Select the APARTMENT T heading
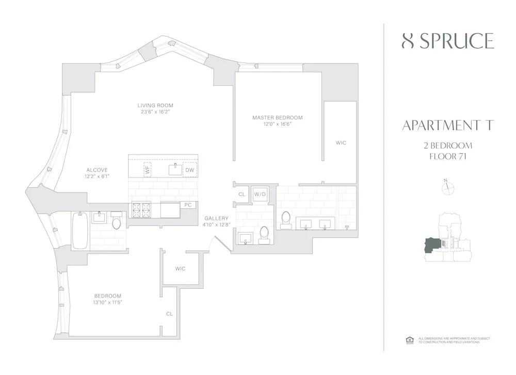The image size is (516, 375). click(x=447, y=125)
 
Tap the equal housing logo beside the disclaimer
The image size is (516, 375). click(x=410, y=340)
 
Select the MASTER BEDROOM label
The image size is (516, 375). click(x=277, y=118)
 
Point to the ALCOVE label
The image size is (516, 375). click(x=97, y=170)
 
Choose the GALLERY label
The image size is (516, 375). click(x=216, y=218)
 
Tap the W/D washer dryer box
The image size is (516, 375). click(x=260, y=194)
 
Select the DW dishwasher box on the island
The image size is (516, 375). click(x=190, y=170)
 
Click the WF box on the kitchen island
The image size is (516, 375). click(x=147, y=169)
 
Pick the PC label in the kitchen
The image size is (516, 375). click(x=188, y=205)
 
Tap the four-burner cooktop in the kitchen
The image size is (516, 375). click(x=141, y=210)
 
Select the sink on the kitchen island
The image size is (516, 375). click(x=176, y=169)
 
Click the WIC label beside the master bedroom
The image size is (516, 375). click(x=341, y=142)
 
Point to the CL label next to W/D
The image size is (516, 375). click(x=241, y=194)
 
